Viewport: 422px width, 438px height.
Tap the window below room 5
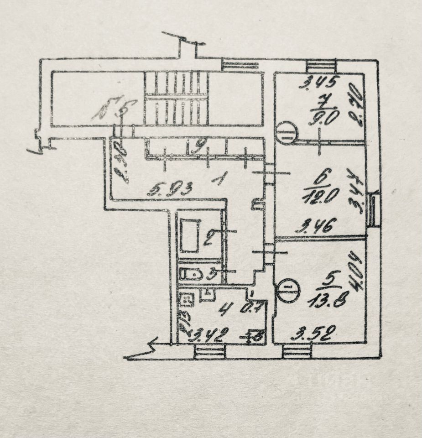tap(297, 351)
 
